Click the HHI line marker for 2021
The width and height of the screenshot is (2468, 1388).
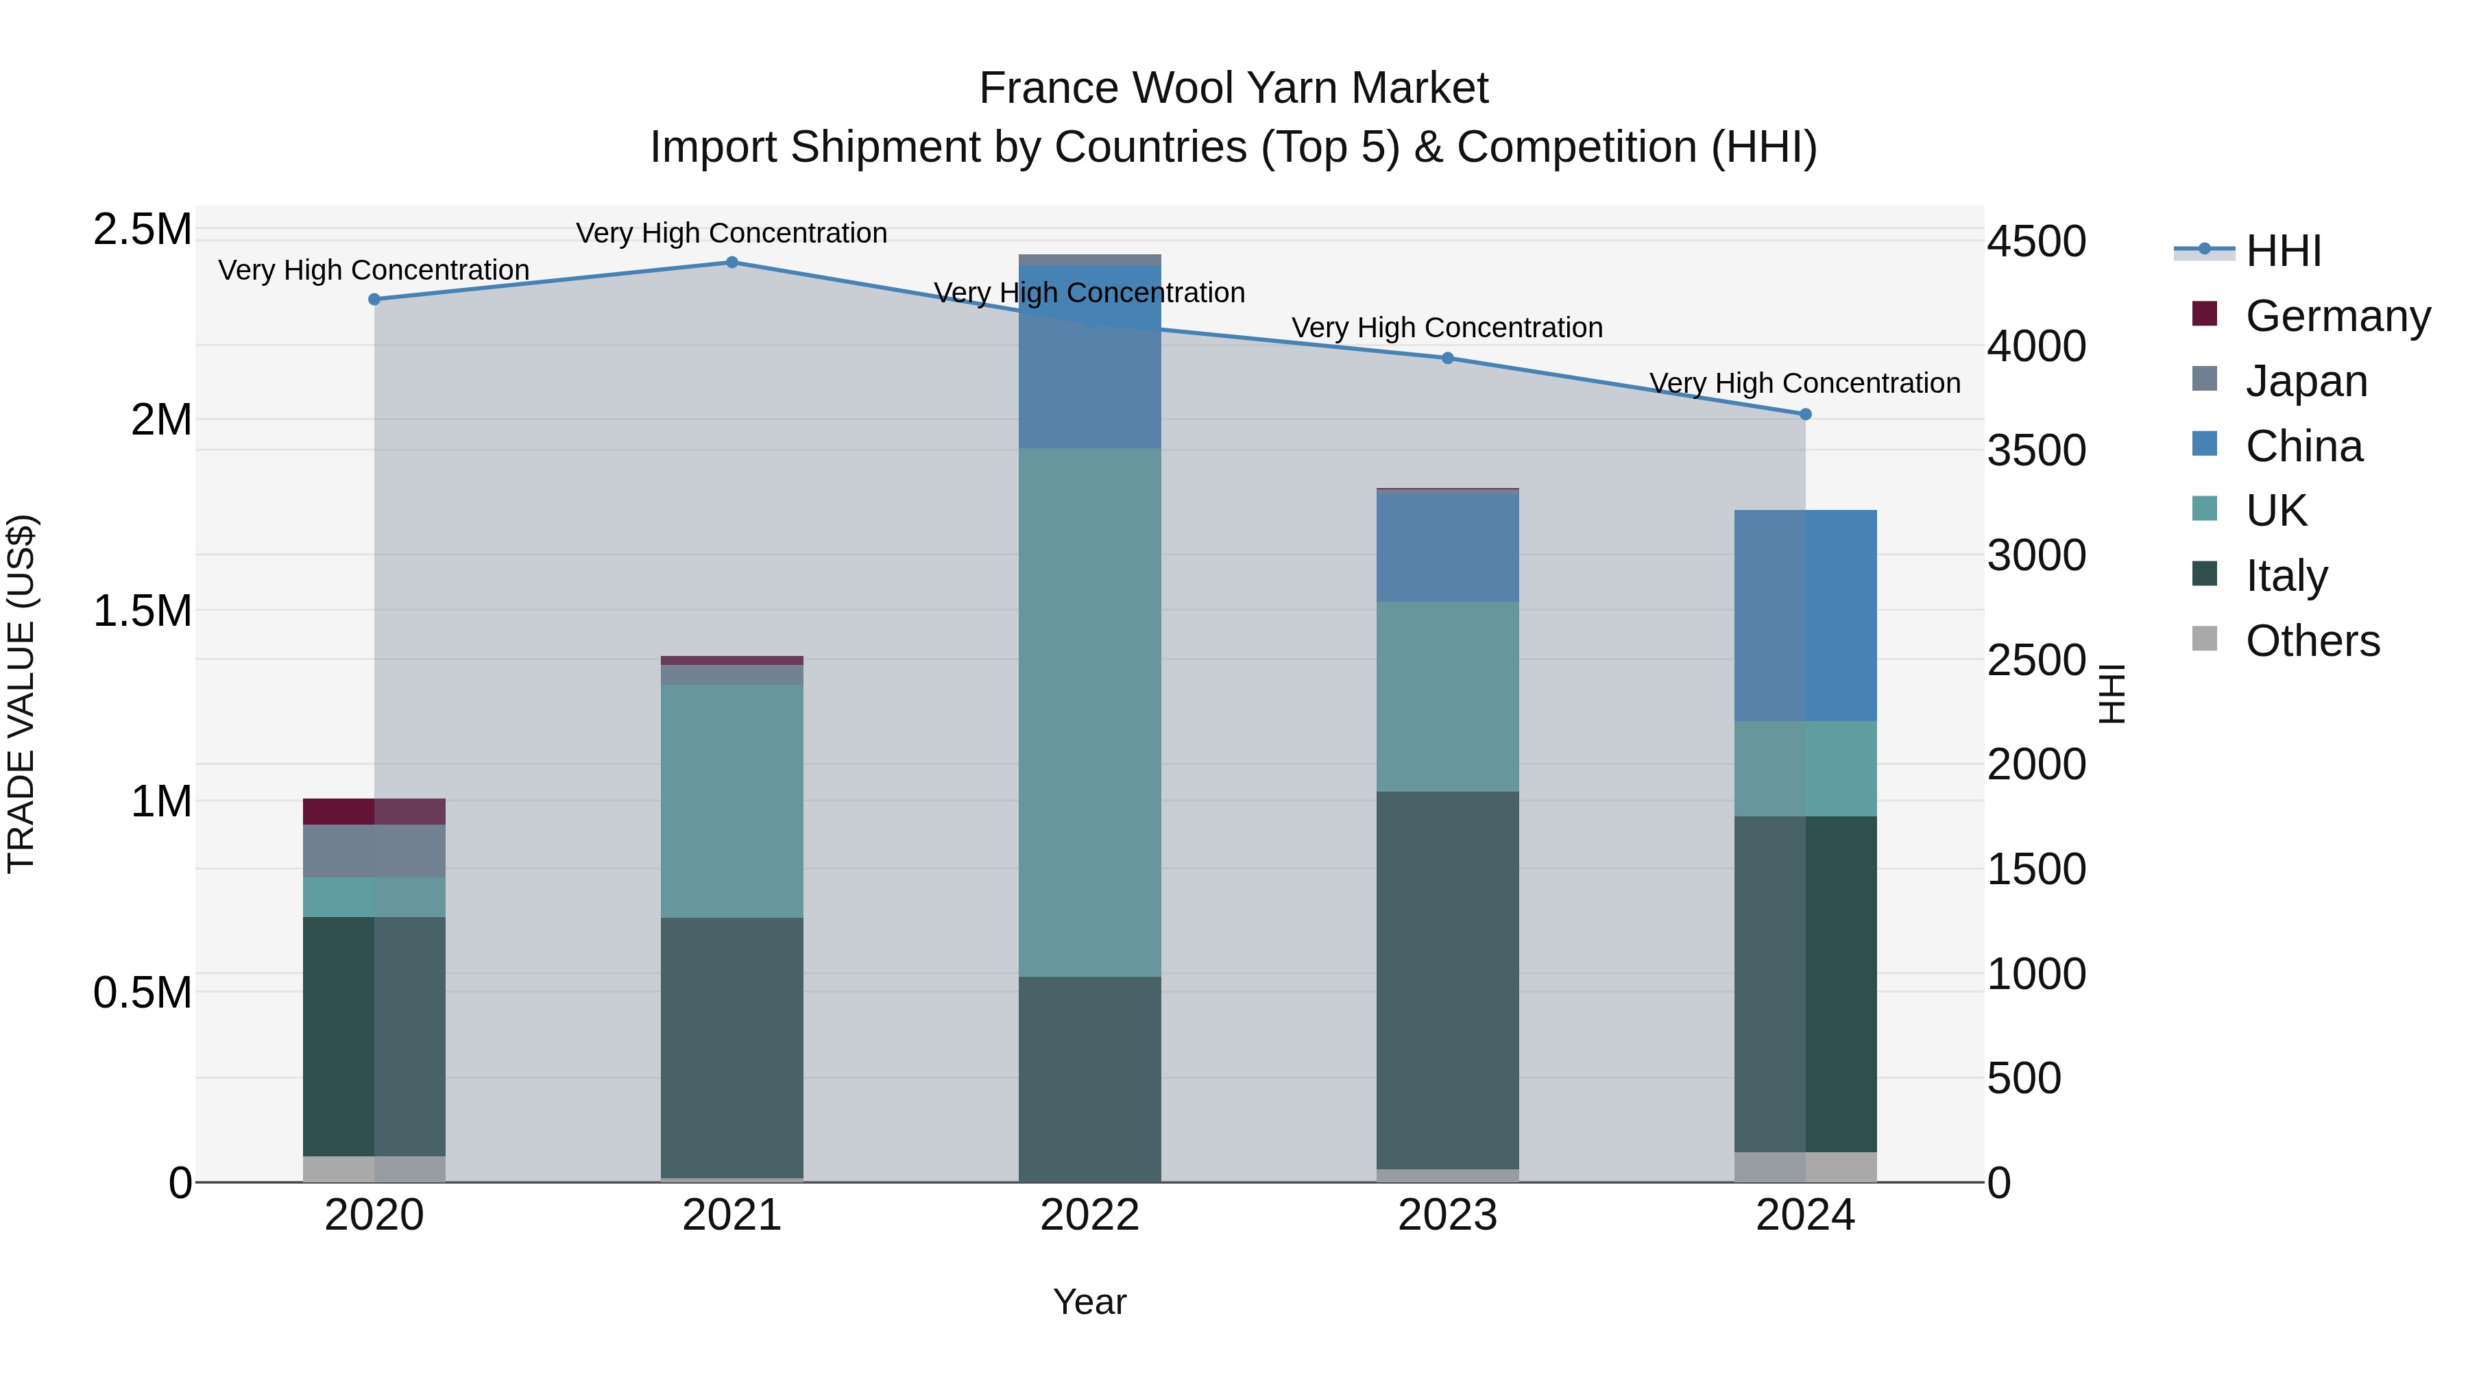pyautogui.click(x=732, y=263)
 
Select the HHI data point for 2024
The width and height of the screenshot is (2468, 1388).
pyautogui.click(x=1805, y=415)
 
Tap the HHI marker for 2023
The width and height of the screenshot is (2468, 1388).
pyautogui.click(x=1448, y=358)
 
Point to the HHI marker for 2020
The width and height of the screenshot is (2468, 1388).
pyautogui.click(x=374, y=300)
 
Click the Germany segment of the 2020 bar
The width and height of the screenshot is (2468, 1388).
pyautogui.click(x=374, y=812)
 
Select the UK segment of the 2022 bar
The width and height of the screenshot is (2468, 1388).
pyautogui.click(x=1089, y=713)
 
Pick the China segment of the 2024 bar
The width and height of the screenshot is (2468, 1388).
pyautogui.click(x=1805, y=616)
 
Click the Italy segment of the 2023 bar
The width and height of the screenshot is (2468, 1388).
pyautogui.click(x=1448, y=980)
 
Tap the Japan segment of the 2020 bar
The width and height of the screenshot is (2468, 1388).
pyautogui.click(x=374, y=851)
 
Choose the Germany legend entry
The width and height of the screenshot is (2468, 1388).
pyautogui.click(x=2338, y=316)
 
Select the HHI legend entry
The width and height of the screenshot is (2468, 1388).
pyautogui.click(x=2283, y=251)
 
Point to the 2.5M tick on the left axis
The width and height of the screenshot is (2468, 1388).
pyautogui.click(x=143, y=230)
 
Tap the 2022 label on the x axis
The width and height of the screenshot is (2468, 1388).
pyautogui.click(x=1089, y=1215)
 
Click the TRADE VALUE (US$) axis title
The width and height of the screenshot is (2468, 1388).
pyautogui.click(x=21, y=694)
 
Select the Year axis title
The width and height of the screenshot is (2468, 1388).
pyautogui.click(x=1089, y=1302)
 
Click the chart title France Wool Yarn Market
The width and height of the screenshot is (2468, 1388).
pyautogui.click(x=1233, y=88)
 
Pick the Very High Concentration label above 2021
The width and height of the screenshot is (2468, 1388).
pyautogui.click(x=732, y=233)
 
